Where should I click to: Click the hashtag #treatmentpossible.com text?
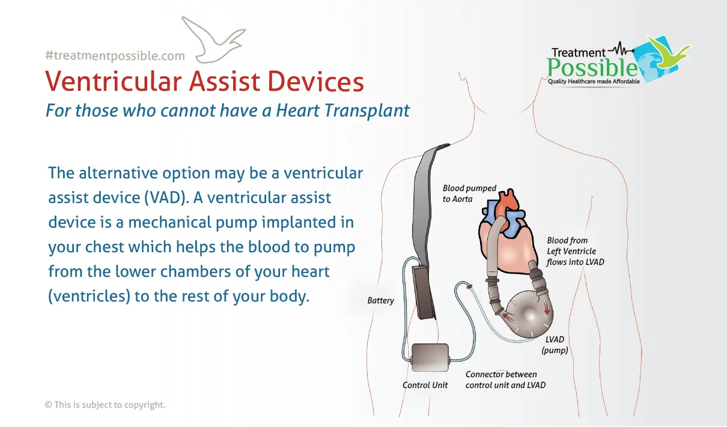(115, 56)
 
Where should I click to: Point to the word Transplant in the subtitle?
(367, 111)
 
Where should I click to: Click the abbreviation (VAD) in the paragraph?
(167, 198)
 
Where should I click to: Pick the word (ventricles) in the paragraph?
(90, 296)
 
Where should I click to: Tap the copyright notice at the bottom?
(105, 405)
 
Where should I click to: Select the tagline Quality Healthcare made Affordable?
(594, 82)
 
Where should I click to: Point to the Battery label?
(380, 301)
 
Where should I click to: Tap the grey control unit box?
(430, 357)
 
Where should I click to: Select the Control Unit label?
(425, 385)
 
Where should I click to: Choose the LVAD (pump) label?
(555, 345)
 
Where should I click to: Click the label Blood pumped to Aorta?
(469, 193)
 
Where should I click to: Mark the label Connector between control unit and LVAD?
(505, 380)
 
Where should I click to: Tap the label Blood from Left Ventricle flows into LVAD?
(575, 251)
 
